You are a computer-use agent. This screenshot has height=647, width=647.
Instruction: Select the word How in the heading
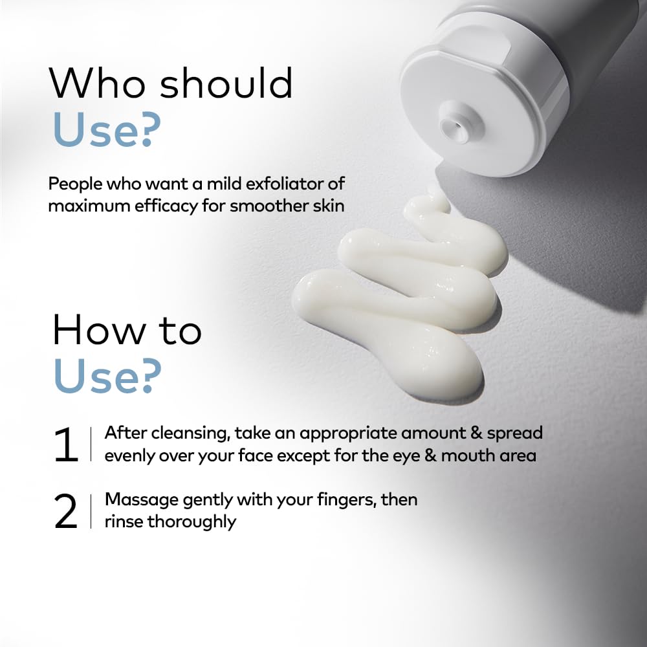pos(100,330)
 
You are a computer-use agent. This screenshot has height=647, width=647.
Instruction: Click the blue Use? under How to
pos(107,375)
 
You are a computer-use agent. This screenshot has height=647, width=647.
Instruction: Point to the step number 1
pos(66,444)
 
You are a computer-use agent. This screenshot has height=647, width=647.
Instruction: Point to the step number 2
pos(66,511)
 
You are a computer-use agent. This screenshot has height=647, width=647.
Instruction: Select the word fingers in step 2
pos(347,500)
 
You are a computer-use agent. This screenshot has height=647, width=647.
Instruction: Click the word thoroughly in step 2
pos(192,522)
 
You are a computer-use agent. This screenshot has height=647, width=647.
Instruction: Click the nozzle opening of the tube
pos(453,123)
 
